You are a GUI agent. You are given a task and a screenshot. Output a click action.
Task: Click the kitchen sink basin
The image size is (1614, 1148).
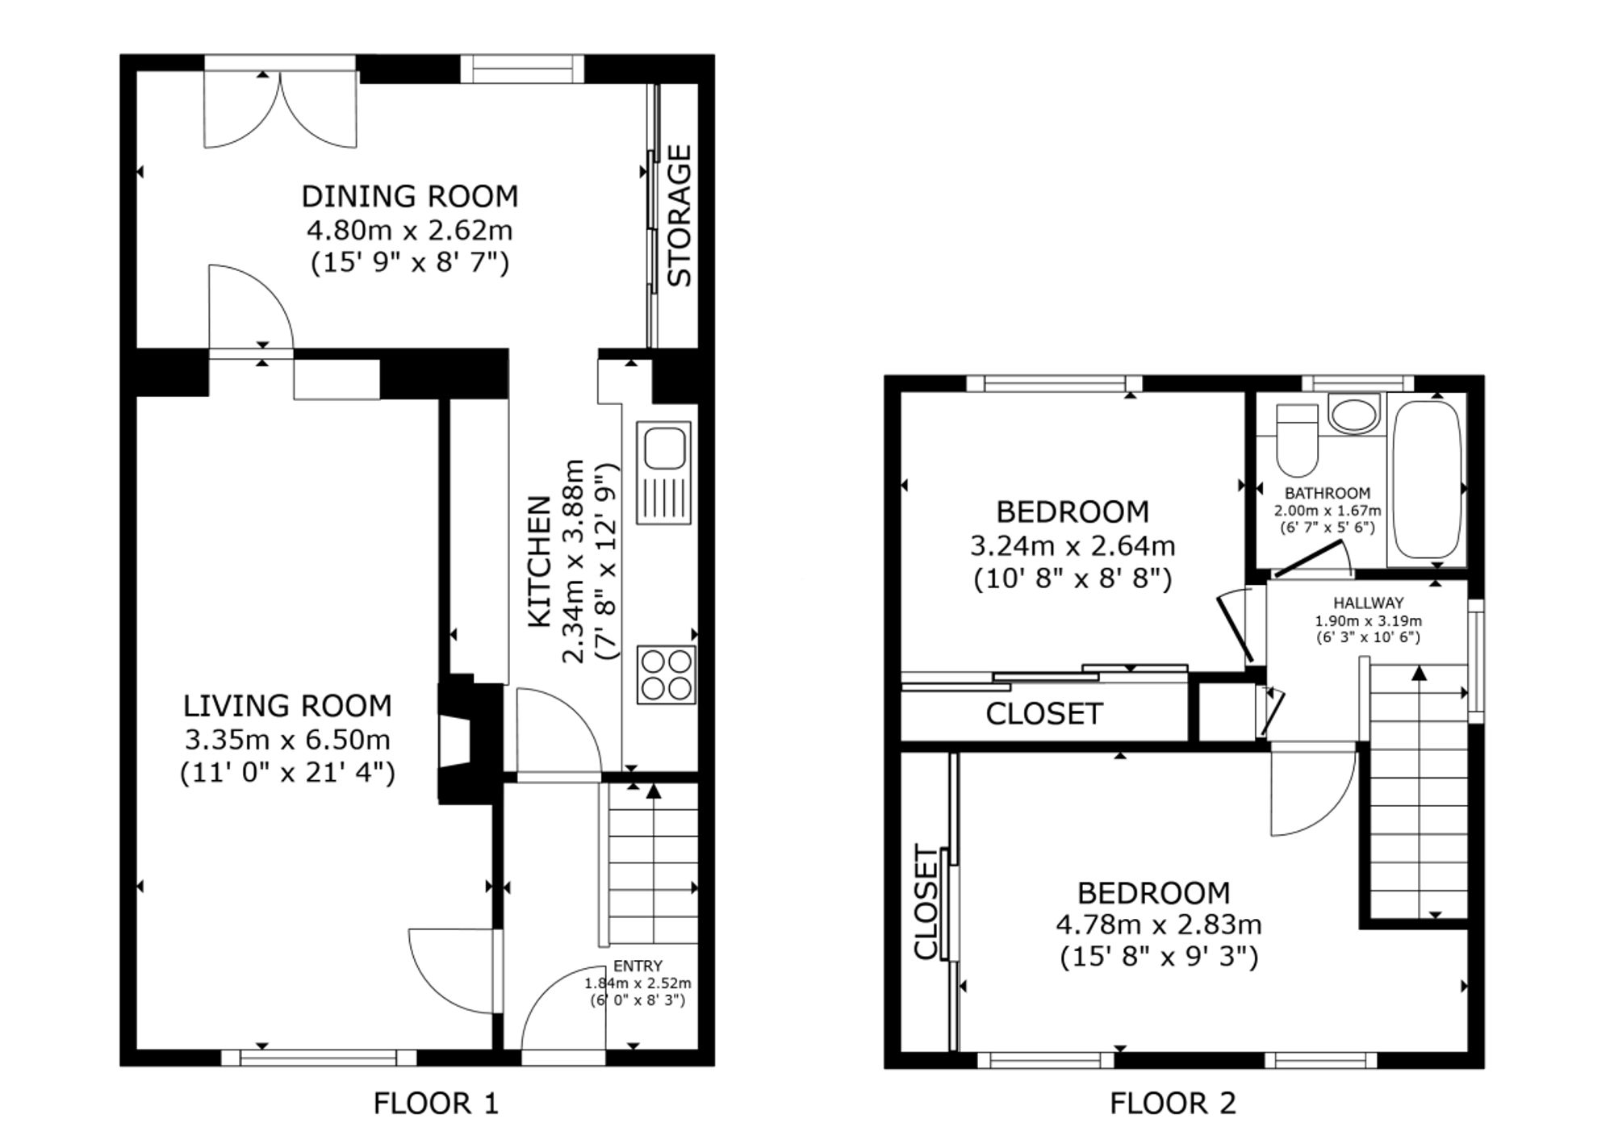point(664,448)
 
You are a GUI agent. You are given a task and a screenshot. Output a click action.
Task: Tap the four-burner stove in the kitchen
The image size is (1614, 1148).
point(667,674)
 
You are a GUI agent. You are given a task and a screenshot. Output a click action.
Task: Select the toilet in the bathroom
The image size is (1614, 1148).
point(1297,440)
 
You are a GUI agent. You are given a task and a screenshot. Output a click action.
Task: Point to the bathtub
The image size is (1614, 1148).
point(1427,479)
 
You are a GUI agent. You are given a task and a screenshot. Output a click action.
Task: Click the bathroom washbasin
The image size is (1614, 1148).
point(1354,415)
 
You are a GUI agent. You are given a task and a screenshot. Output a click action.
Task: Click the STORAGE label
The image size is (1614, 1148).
point(679,215)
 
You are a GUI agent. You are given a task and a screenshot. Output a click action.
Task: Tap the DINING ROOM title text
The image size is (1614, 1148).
point(410,196)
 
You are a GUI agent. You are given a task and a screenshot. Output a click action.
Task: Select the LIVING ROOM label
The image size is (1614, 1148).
point(287,706)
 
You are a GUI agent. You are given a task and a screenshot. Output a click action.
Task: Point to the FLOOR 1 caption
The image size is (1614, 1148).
point(436,1103)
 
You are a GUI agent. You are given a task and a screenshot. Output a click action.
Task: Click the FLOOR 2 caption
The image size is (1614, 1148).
point(1173,1103)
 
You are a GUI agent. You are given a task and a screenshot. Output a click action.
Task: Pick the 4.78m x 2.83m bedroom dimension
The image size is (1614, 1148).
point(1159,924)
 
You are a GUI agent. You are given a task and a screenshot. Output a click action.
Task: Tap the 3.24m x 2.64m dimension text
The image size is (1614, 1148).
point(1073,546)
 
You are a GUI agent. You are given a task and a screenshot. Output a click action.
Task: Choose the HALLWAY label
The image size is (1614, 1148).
point(1368,603)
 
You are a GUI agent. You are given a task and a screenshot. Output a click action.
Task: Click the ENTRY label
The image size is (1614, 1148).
point(638,966)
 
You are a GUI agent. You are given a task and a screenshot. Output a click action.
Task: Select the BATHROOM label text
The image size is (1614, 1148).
point(1328,493)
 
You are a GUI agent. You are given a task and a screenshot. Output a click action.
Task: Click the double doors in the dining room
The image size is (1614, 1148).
point(280,109)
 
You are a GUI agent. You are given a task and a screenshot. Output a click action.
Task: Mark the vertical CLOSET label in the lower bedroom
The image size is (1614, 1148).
point(927,903)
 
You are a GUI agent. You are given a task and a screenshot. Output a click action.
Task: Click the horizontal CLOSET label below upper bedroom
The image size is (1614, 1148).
point(1044,714)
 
